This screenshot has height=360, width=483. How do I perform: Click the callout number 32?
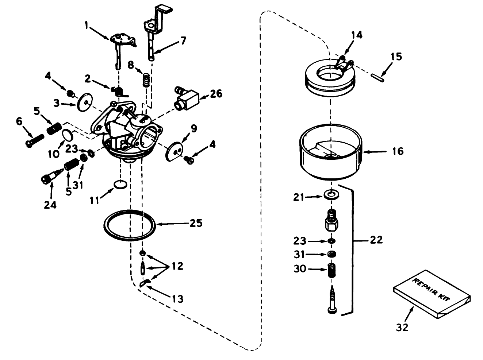(x=402, y=327)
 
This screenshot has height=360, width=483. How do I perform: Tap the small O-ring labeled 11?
(x=120, y=185)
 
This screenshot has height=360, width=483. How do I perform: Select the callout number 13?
(x=177, y=299)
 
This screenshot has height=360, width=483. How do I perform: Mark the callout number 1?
(x=87, y=25)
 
